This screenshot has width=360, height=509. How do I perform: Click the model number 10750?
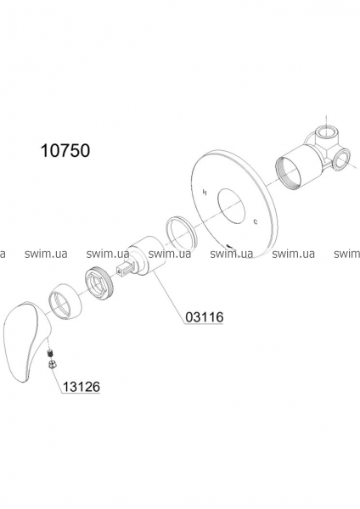65,151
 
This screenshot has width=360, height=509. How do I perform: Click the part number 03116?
205,316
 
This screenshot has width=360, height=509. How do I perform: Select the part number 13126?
81,387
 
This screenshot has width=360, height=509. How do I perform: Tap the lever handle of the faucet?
24,338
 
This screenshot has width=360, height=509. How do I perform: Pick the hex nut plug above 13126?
51,365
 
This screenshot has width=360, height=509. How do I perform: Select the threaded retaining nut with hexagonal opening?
98,281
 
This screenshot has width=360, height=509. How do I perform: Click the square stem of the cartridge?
126,271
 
